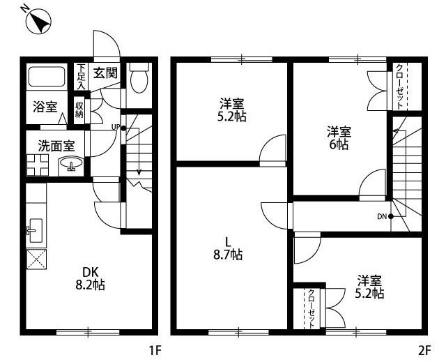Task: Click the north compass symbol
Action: (36, 22)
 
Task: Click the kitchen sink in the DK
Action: (35, 227)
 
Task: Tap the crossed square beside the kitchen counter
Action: (36, 260)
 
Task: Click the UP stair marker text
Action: (116, 127)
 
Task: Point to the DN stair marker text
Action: (382, 216)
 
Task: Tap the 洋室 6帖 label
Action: (339, 138)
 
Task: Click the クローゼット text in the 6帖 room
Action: (399, 85)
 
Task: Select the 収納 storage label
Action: (80, 110)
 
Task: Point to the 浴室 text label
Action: (45, 107)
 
